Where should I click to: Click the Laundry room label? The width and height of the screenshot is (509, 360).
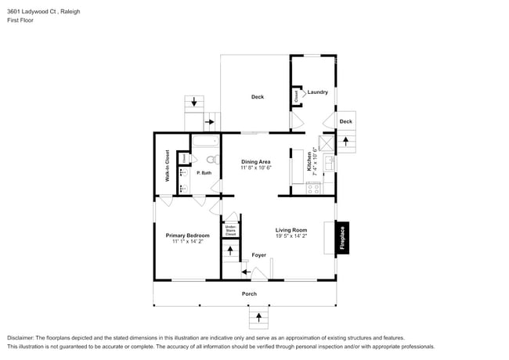point(317,92)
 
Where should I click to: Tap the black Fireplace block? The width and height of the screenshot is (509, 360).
point(342,238)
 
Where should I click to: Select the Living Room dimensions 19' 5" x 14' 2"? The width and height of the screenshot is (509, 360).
point(291,236)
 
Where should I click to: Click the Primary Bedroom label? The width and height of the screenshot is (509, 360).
point(187,235)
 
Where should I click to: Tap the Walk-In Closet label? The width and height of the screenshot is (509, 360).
point(167,166)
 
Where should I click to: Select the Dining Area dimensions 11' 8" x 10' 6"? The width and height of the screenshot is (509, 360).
point(256,167)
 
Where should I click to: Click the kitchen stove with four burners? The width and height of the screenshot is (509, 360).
point(313,187)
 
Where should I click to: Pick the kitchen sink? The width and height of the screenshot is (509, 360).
point(329,163)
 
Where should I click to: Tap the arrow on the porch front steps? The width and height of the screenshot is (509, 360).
point(258,317)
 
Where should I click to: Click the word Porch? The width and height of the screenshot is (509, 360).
point(249,294)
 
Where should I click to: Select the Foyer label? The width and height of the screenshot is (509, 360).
point(258,255)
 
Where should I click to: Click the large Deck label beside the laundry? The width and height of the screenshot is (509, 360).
point(257,97)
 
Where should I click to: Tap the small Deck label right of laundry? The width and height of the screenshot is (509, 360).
point(345,121)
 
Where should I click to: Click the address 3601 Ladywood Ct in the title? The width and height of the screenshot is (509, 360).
point(32,12)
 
